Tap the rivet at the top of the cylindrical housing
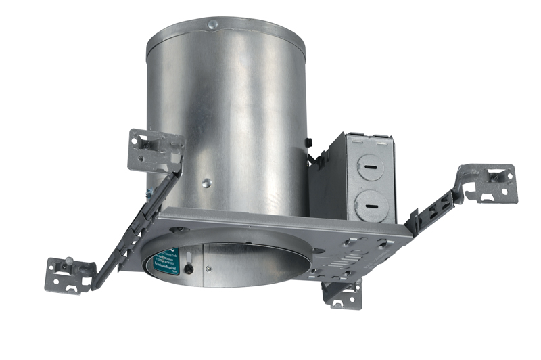point(213,25)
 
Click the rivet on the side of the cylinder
point(207,182)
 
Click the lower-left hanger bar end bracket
point(69,274)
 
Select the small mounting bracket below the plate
point(342,293)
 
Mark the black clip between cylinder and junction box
point(307,142)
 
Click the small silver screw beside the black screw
point(209,270)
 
